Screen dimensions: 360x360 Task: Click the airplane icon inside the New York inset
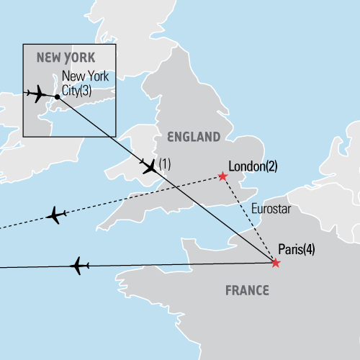tap(35, 94)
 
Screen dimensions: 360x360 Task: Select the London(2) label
tap(252, 166)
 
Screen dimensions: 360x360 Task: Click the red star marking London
tap(222, 176)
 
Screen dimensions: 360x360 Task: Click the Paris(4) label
tap(296, 251)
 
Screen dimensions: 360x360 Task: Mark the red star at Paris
tap(275, 264)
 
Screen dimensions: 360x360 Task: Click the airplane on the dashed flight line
tap(55, 215)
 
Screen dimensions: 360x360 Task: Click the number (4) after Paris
tap(308, 251)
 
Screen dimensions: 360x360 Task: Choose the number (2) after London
tap(271, 166)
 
